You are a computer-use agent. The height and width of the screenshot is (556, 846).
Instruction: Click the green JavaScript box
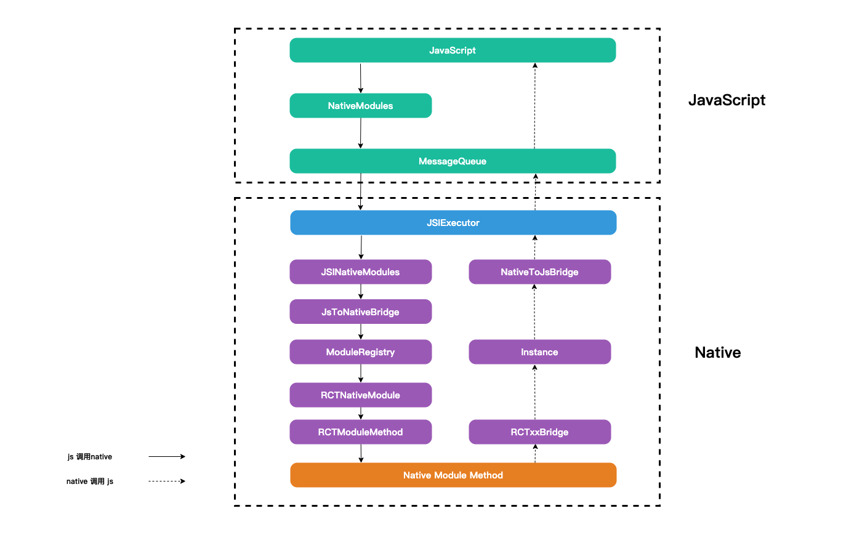453,50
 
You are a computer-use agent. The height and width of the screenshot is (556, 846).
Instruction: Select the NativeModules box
361,106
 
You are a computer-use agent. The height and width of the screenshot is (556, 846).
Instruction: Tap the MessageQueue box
453,161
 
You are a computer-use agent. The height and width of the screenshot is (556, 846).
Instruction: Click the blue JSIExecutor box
453,222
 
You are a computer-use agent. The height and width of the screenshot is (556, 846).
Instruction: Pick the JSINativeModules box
361,272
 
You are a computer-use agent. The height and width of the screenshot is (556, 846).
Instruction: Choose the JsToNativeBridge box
361,312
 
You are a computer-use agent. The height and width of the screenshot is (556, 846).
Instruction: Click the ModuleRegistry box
361,352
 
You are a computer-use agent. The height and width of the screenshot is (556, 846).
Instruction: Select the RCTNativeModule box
361,395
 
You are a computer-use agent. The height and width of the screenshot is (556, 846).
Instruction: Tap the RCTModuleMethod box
361,432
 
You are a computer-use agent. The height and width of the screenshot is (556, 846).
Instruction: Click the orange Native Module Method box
453,475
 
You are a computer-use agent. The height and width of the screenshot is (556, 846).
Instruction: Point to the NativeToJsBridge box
540,272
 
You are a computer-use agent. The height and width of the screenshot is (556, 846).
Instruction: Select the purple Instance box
540,352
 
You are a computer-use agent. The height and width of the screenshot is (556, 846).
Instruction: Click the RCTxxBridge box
540,432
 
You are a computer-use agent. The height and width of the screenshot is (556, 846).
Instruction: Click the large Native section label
717,352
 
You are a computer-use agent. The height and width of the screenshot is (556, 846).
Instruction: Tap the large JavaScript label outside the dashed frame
727,100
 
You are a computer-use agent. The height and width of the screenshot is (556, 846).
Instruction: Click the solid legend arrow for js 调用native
167,456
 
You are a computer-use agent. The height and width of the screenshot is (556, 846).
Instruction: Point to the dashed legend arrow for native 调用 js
167,481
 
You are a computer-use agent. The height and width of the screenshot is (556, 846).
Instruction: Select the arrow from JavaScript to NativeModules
361,78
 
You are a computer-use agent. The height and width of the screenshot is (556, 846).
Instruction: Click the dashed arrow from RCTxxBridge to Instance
535,392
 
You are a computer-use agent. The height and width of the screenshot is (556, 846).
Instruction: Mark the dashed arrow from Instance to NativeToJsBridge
534,312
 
